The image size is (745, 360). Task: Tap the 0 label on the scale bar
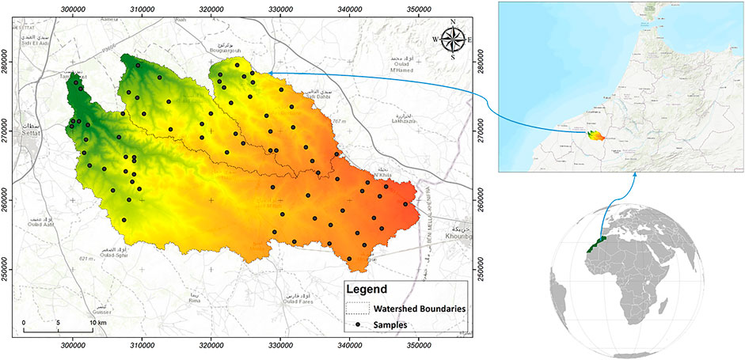pos(24,323)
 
